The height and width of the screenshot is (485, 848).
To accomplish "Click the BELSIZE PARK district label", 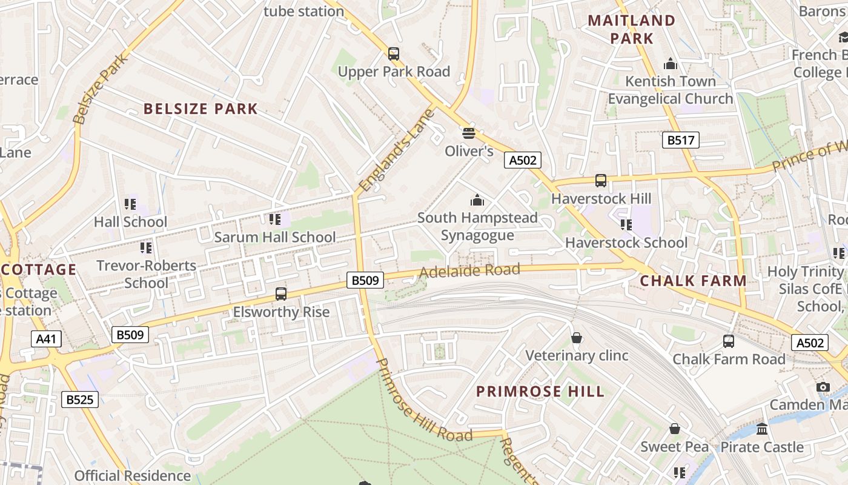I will point(200,109).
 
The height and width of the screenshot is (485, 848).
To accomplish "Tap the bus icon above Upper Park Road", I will point(394,54).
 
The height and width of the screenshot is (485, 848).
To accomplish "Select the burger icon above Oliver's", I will point(468,133).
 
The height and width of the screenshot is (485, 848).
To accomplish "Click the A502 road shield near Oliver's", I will point(522,160).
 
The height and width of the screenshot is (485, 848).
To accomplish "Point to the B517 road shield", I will point(680,141).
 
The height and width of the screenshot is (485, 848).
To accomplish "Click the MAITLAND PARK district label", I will point(632,29).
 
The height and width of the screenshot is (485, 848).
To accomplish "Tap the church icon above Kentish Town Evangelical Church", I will point(671,64).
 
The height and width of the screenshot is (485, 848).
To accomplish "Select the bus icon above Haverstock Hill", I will point(601,181).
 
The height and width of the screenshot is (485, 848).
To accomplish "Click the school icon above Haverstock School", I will point(626,225).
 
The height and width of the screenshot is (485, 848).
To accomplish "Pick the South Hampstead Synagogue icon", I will point(477,200).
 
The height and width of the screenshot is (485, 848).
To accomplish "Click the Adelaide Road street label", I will point(469,271).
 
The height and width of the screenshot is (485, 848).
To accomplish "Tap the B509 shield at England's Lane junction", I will point(366,280).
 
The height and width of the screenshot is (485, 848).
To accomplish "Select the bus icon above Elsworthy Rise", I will point(281,294).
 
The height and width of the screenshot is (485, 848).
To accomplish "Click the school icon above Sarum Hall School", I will point(274,219).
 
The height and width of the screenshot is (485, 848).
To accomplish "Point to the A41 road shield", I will point(46,339).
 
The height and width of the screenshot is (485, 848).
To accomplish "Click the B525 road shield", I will point(80,400).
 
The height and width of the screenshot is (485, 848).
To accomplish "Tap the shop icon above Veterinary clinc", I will point(577,338).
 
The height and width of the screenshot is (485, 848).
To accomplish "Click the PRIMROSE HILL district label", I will point(540,391).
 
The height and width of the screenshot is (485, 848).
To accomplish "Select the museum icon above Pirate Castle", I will point(762,429).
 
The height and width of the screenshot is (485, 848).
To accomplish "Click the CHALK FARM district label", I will point(693,281).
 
